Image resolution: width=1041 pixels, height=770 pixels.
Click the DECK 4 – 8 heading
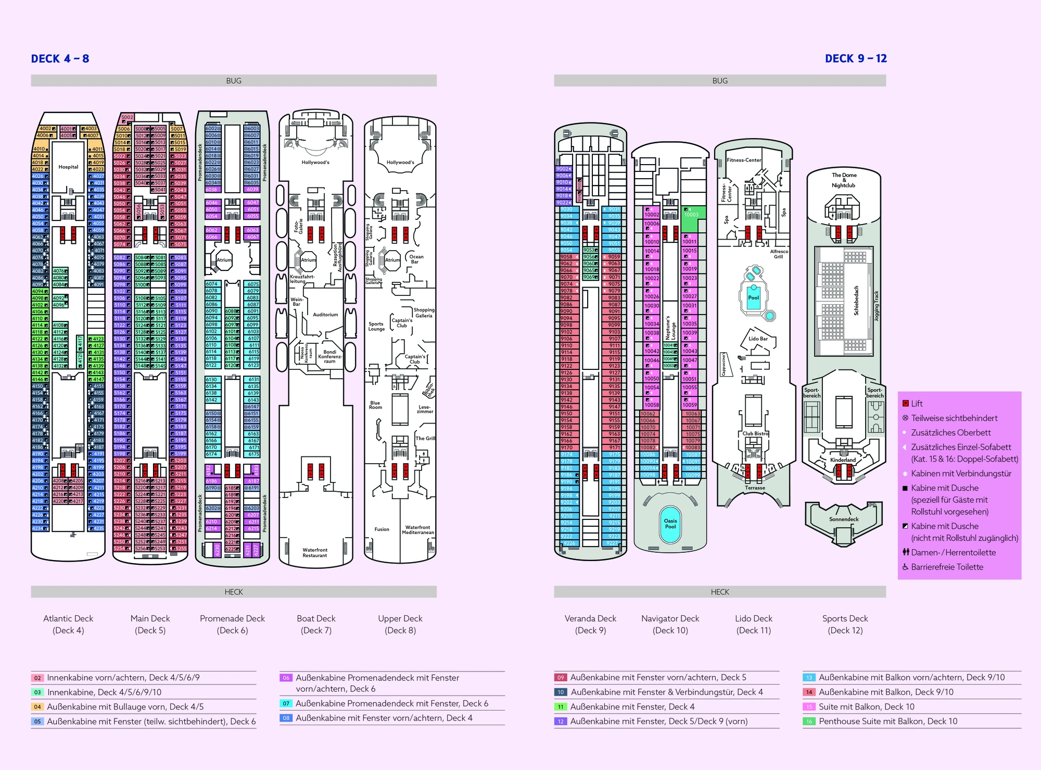click(60, 58)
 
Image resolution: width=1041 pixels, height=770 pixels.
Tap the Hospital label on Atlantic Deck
click(68, 167)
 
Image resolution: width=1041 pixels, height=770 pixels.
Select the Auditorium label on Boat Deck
click(325, 315)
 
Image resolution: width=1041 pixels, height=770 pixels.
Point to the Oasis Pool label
click(670, 523)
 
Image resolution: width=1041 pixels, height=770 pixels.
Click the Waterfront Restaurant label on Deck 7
click(315, 552)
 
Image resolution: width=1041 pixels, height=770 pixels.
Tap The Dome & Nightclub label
click(844, 180)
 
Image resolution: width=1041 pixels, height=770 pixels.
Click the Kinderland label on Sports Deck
click(843, 460)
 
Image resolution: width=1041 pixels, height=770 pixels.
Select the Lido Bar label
click(758, 339)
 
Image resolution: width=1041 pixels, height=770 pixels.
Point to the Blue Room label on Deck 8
click(375, 405)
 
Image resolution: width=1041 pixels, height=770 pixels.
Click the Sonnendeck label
click(844, 519)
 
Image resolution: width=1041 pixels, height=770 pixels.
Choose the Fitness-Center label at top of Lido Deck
click(744, 160)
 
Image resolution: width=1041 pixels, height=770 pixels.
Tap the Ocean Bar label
click(416, 259)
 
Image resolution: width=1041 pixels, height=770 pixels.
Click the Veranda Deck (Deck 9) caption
click(590, 624)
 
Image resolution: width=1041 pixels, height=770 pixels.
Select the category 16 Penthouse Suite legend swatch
click(809, 722)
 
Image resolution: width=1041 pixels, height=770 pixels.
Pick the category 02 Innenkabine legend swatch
click(37, 678)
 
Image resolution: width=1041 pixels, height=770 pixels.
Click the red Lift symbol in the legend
click(906, 403)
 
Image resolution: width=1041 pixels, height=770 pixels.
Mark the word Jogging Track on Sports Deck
click(876, 306)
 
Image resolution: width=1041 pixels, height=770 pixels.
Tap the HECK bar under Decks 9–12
click(719, 592)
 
